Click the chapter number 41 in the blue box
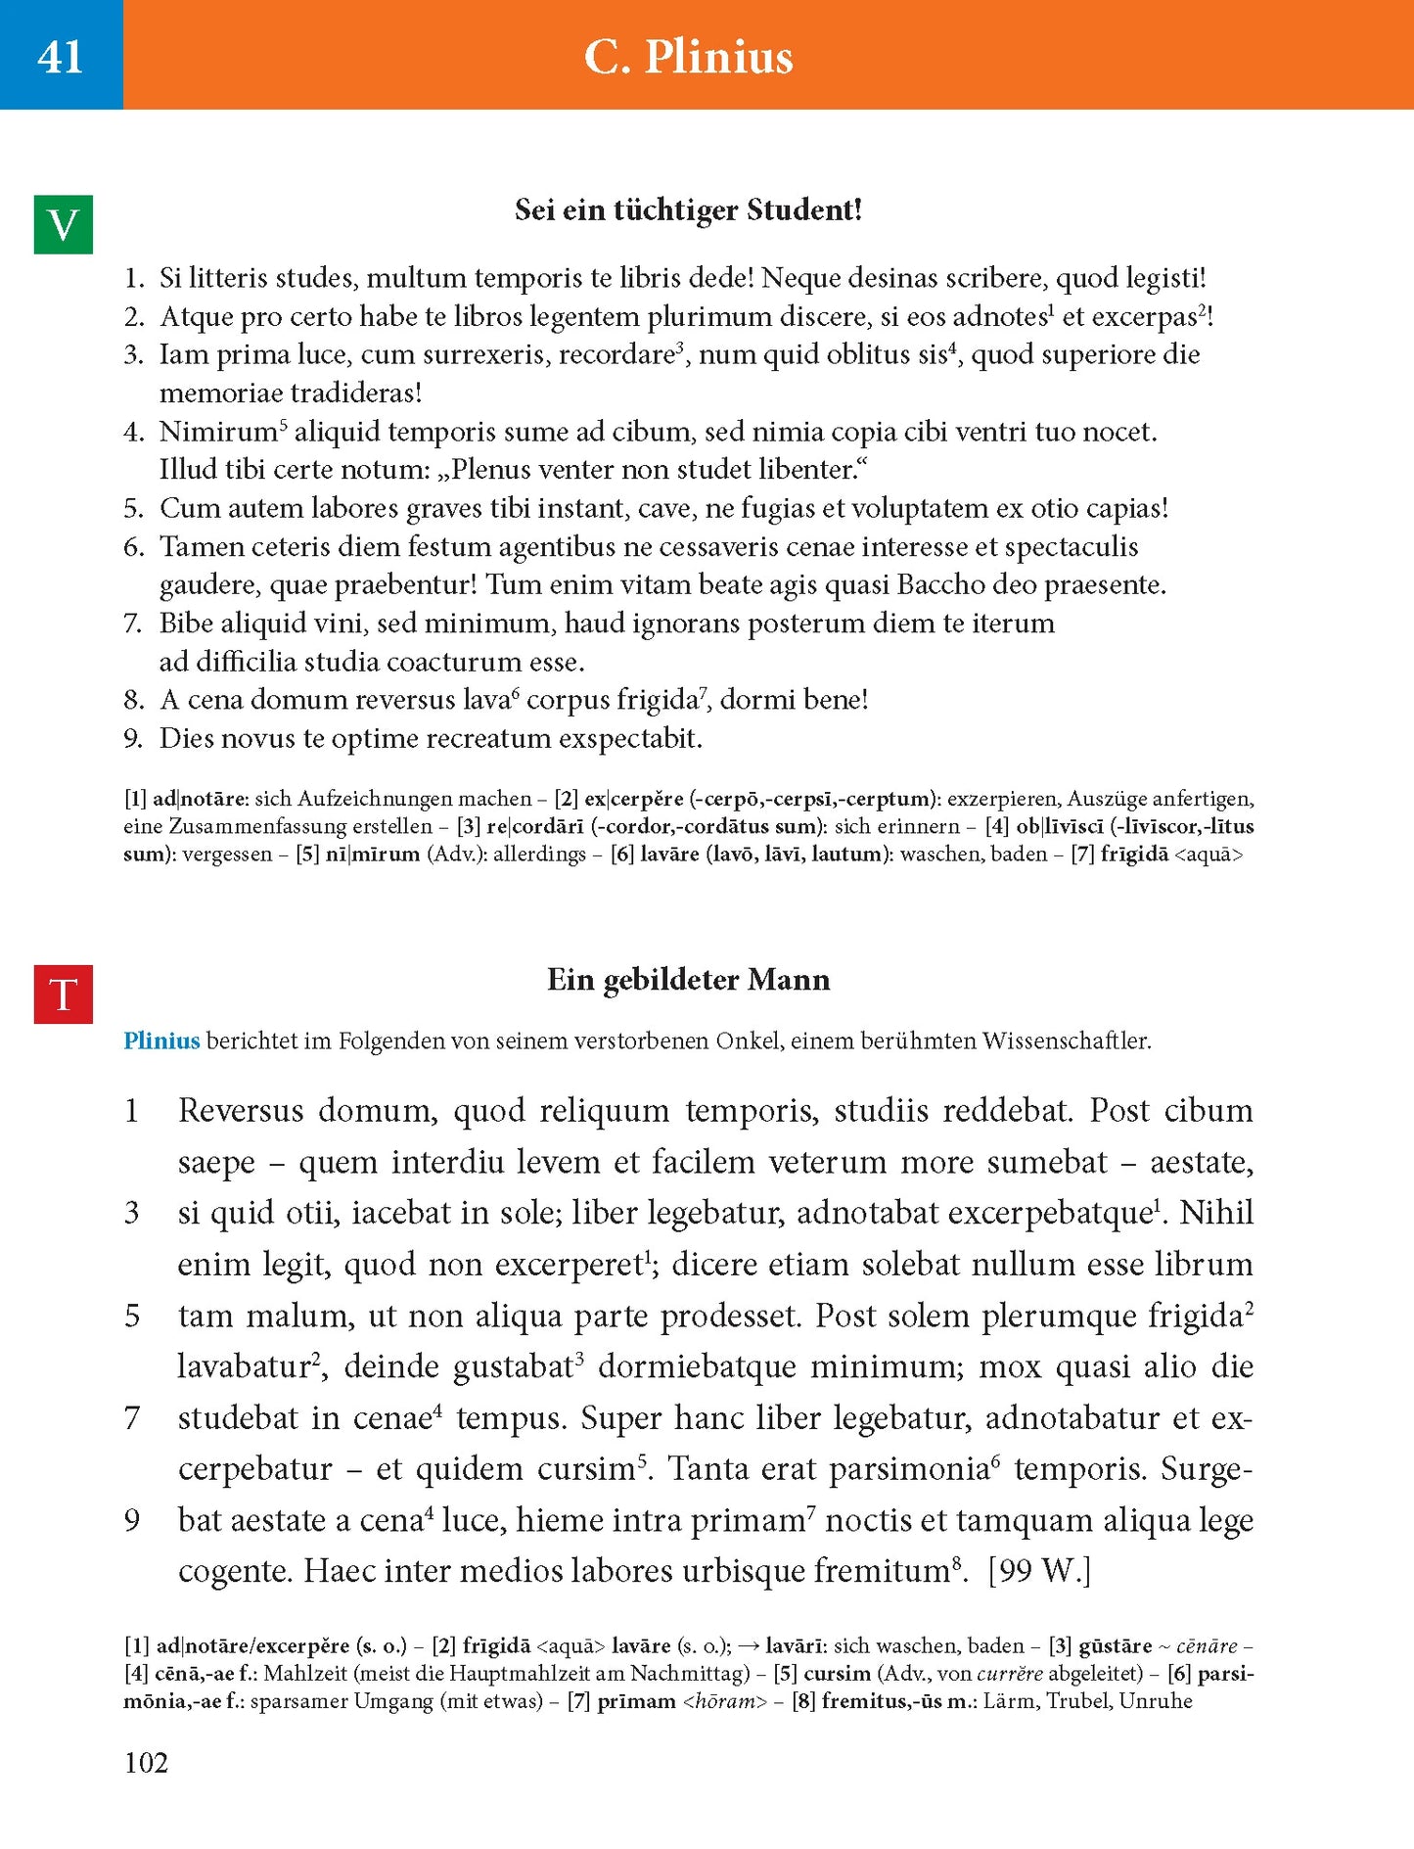point(61,57)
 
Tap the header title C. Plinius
point(688,57)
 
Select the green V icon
point(64,225)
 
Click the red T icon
point(64,994)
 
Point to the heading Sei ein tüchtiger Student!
point(688,210)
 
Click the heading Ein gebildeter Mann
point(688,980)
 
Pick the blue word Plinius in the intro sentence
point(161,1040)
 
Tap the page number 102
point(146,1763)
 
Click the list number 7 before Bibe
point(133,624)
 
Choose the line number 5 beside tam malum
point(132,1316)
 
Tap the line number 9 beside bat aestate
point(132,1520)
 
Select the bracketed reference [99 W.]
point(1039,1571)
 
